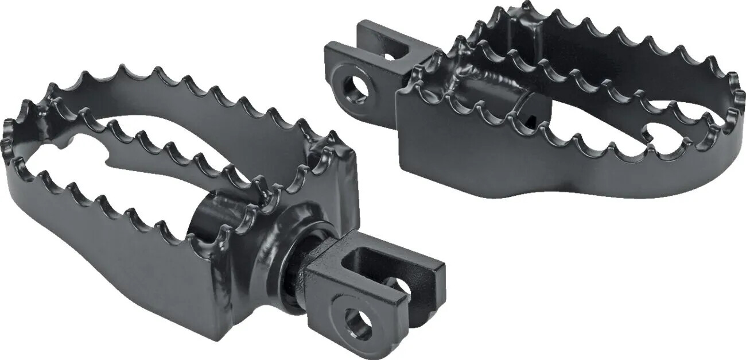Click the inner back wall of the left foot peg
(172, 115)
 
